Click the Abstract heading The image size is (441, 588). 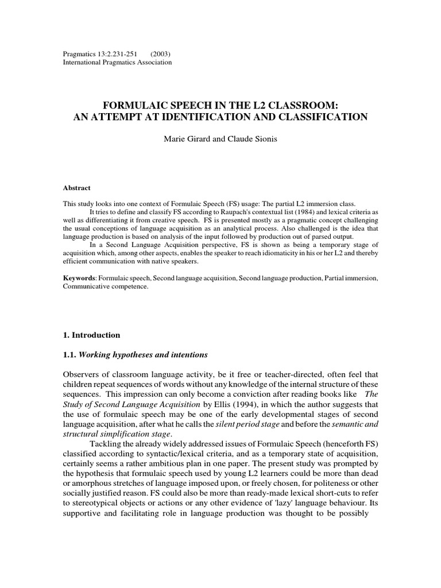coord(76,188)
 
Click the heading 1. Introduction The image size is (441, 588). coord(91,335)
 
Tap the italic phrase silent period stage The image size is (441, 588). coord(249,424)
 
